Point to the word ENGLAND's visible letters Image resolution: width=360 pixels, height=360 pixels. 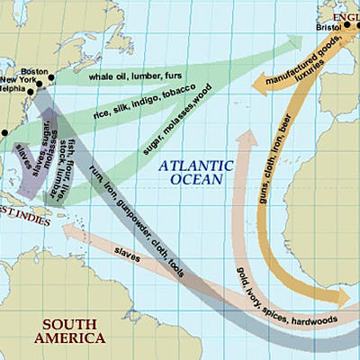pos(346,15)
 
